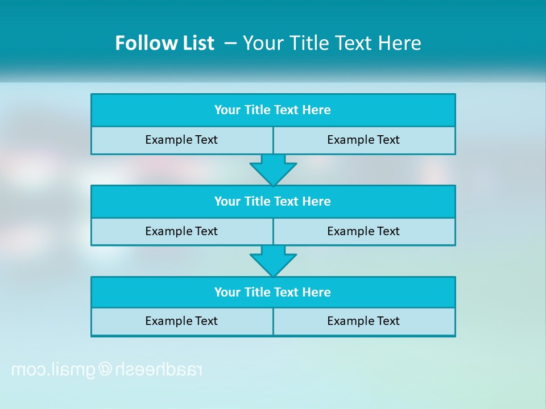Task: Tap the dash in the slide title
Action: [x=231, y=43]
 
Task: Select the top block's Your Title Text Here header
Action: [x=272, y=110]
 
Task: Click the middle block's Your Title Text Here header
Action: [x=272, y=202]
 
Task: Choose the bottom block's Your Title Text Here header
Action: [x=272, y=293]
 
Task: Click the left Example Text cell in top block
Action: [x=181, y=140]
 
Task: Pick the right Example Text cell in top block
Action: [x=363, y=140]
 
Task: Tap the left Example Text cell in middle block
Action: [x=181, y=231]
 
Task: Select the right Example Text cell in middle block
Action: [x=363, y=231]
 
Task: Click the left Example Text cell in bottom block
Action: [x=181, y=321]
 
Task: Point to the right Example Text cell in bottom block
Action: [x=363, y=321]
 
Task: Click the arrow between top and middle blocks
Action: [x=273, y=169]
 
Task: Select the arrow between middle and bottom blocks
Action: [x=273, y=261]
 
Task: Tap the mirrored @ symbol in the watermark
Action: [x=106, y=370]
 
